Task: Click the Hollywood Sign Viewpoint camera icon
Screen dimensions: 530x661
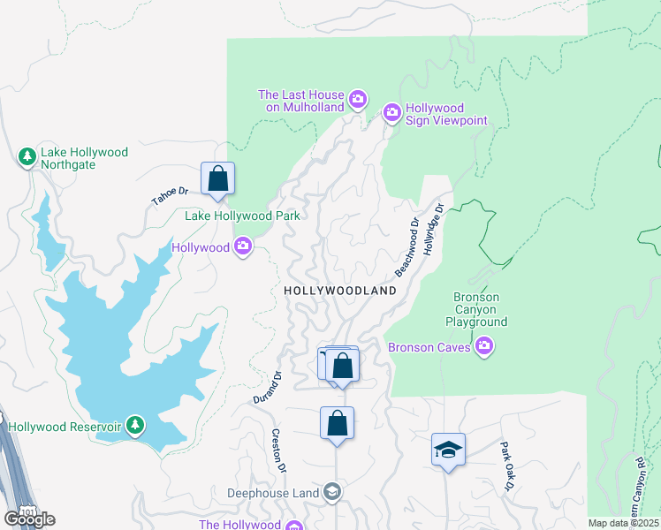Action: tap(391, 112)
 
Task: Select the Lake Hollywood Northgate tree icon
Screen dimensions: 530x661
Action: tap(27, 157)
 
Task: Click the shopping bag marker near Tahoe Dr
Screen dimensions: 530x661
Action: tap(217, 178)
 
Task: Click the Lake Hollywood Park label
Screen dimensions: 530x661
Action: tap(242, 216)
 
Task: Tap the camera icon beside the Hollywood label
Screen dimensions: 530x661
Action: tap(244, 248)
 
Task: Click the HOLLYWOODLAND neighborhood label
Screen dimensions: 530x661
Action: tap(340, 291)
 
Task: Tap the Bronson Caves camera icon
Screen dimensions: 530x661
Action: tap(483, 347)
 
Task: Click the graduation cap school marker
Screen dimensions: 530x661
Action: tap(448, 450)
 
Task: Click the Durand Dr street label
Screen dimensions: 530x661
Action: tap(267, 387)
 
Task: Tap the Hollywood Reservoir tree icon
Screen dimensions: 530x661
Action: tap(134, 427)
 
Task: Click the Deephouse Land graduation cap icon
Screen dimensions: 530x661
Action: tap(332, 492)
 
